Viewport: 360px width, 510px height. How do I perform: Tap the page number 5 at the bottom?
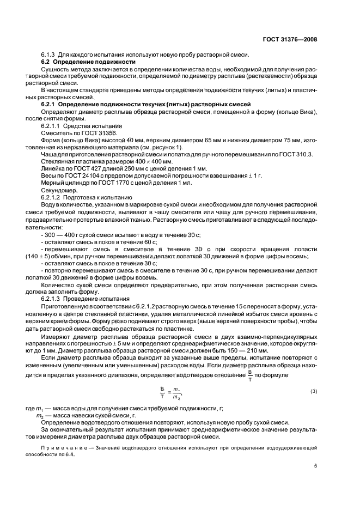pos(315,466)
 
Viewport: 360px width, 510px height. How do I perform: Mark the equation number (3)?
pos(313,391)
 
